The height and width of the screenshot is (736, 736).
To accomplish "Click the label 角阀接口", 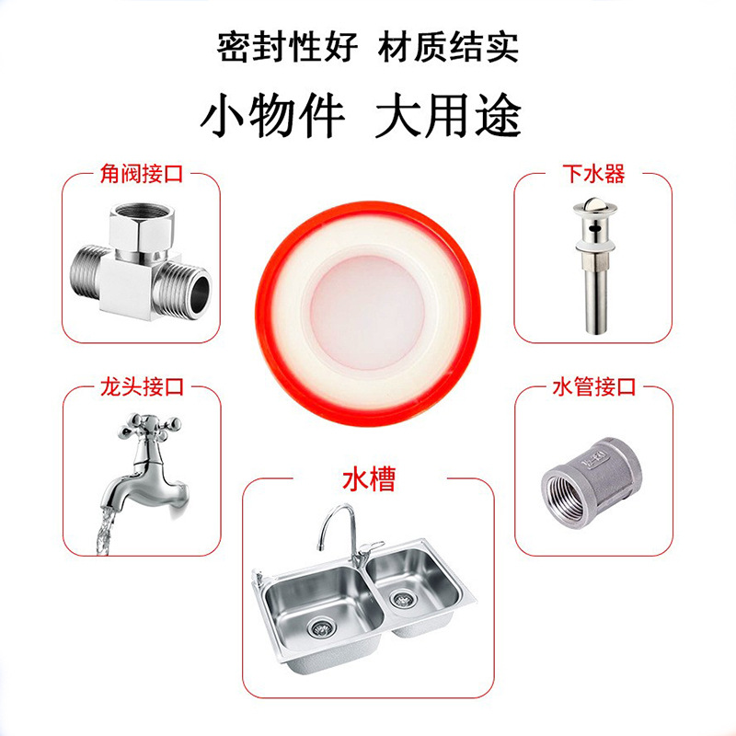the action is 142,174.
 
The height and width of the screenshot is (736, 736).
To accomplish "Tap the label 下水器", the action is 593,174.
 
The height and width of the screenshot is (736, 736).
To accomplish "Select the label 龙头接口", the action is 142,386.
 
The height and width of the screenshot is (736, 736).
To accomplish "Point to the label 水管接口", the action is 593,386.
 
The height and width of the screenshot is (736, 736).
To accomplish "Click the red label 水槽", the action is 369,478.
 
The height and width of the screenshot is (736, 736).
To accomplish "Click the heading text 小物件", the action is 272,116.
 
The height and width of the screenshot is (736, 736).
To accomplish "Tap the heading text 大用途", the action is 448,116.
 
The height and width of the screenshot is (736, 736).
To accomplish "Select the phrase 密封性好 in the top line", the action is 287,47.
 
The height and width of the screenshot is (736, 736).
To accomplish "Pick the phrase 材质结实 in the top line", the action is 448,47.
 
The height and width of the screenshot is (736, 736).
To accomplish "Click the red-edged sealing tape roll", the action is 367,314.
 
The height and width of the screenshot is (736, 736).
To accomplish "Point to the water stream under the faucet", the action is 106,533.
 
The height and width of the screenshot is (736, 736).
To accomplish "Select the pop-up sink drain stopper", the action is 594,265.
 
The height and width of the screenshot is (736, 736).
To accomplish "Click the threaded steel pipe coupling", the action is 591,483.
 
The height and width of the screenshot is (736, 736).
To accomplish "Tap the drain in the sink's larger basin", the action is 320,627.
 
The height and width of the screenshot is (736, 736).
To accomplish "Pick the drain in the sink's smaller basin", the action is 402,599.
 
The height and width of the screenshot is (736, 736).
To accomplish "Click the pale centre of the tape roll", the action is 367,313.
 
